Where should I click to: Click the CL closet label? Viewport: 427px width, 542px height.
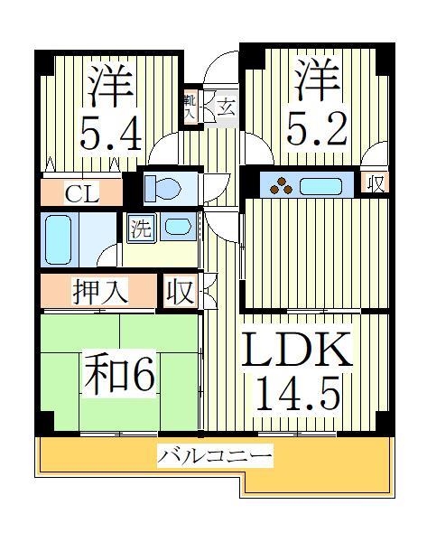[x=81, y=192]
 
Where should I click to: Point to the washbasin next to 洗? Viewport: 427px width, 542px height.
[x=178, y=227]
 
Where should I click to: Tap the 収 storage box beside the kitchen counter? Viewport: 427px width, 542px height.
[x=375, y=184]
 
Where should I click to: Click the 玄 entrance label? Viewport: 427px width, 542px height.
[x=225, y=107]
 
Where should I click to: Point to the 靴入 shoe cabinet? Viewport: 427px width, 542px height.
[x=191, y=108]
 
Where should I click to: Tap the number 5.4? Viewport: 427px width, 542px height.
[x=108, y=135]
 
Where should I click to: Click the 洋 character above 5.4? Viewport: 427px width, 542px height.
[x=110, y=87]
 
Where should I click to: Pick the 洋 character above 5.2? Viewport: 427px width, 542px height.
[x=316, y=81]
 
